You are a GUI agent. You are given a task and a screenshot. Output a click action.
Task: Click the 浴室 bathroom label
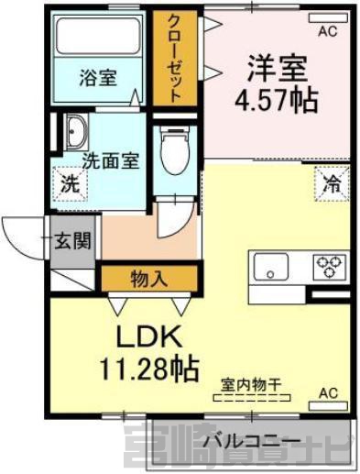(98, 78)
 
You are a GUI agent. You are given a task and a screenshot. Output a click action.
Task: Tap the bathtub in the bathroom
(98, 36)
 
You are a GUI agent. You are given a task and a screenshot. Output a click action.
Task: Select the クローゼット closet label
(174, 59)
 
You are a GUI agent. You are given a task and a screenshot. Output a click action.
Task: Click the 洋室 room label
(277, 68)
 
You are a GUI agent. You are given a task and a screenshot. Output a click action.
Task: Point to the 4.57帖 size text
(277, 100)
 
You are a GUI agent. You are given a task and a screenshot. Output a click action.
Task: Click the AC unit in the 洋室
(328, 18)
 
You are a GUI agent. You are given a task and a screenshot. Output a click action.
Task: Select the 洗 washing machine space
(71, 184)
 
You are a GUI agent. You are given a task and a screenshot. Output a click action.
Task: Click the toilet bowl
(175, 151)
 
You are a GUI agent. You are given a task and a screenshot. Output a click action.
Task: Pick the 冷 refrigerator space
(332, 183)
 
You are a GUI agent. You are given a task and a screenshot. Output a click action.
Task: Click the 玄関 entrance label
(73, 241)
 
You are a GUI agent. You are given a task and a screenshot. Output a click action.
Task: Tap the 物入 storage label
(149, 279)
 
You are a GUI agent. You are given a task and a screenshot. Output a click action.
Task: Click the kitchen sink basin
(271, 266)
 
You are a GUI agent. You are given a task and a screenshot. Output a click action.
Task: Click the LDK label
(148, 336)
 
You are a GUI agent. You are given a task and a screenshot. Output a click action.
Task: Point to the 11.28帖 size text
(149, 369)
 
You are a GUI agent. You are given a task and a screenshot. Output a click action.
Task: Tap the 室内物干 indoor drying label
(251, 385)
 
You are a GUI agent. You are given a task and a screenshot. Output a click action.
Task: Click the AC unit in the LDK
(328, 405)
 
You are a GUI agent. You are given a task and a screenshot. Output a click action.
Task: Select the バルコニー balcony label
(252, 441)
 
